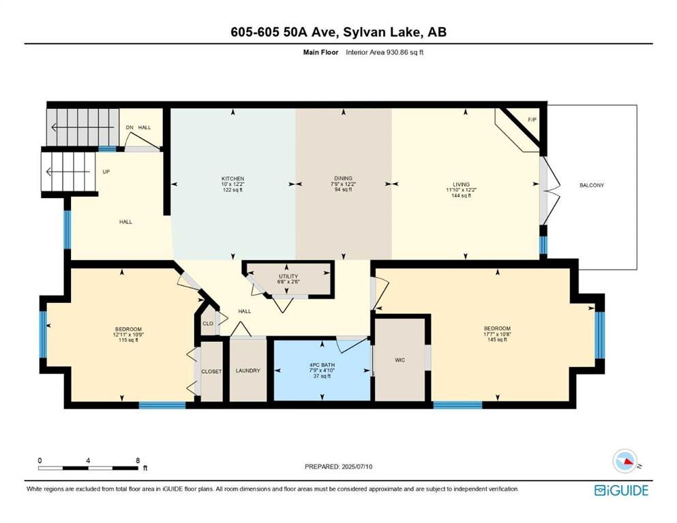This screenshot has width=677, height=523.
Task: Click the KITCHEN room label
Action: point(232,178)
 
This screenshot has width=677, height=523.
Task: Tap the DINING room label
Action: point(343,178)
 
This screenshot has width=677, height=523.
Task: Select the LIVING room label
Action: point(461,185)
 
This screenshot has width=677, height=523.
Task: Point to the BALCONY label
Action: point(592,185)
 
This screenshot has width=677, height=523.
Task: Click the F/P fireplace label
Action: point(532,119)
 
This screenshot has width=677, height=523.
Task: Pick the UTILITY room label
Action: point(288,276)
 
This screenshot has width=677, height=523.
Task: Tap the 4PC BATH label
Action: point(322,365)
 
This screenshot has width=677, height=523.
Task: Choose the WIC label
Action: point(400,360)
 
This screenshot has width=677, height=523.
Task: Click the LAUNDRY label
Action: point(248,370)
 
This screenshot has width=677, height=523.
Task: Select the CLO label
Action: point(208,323)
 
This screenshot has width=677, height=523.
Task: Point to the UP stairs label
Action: point(106,172)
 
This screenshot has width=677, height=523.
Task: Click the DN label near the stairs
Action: point(130,127)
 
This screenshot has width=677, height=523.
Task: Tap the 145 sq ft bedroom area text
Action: point(498,339)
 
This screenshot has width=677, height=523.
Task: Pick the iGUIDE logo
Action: point(621,490)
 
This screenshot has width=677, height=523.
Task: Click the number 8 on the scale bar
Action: point(138,460)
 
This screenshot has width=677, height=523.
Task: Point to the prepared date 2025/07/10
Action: point(357,466)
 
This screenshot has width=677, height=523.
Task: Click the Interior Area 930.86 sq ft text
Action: point(385,52)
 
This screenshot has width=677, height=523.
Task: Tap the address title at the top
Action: point(338,32)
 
